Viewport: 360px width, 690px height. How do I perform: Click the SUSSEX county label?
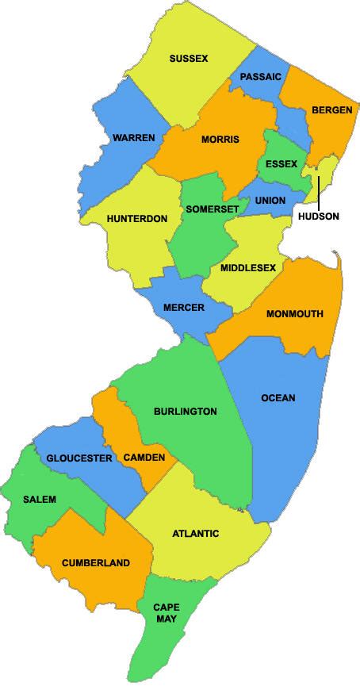point(189,58)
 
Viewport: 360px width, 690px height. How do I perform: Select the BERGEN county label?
point(332,109)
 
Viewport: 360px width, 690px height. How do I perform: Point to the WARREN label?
point(133,138)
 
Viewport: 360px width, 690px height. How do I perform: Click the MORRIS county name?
point(220,140)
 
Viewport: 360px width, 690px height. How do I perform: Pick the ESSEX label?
point(281,164)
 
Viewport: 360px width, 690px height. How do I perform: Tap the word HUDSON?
point(319,215)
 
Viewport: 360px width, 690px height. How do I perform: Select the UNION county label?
point(270,201)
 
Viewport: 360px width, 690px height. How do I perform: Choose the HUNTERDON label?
point(137,219)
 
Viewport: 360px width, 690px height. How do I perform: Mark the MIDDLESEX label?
point(249,268)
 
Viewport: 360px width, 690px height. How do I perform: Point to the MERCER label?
point(183,308)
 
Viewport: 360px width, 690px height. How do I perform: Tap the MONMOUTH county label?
point(295,313)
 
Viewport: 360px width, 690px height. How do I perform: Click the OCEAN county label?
point(278,398)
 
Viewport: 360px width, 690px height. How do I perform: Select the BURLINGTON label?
point(186,412)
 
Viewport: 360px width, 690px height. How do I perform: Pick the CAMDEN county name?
point(144,458)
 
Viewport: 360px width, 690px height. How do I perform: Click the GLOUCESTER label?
point(79,458)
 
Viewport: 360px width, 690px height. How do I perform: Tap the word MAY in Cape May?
point(167,619)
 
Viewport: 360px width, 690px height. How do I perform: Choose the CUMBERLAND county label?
point(96,562)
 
